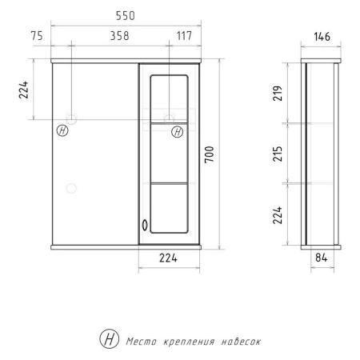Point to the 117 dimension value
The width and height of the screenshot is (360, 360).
(183, 35)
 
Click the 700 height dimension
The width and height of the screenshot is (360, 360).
(210, 154)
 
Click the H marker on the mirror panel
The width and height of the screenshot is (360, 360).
(62, 130)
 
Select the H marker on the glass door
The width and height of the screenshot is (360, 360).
(174, 130)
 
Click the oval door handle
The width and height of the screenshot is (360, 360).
(144, 226)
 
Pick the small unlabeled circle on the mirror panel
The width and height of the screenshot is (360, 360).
(71, 189)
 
